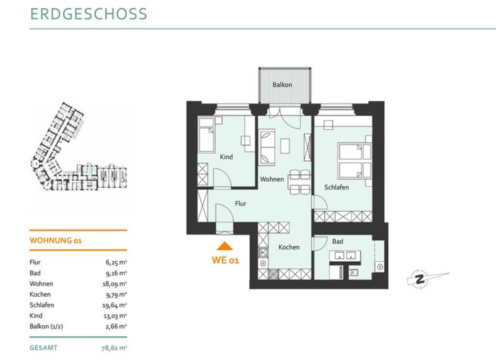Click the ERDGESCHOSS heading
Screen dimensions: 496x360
click(88, 14)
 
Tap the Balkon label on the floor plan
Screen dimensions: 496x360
click(282, 85)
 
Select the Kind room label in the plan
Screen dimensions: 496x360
click(226, 156)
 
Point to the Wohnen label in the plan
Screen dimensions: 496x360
click(272, 179)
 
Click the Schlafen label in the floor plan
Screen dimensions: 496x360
click(336, 187)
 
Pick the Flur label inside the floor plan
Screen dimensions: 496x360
click(240, 204)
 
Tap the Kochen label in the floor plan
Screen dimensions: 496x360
click(289, 247)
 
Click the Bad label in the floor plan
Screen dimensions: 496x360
click(338, 241)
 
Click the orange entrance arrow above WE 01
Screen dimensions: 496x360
click(225, 246)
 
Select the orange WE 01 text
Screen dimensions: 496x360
click(225, 260)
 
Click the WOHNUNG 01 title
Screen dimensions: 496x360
click(56, 240)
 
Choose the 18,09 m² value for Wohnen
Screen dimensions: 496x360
click(114, 284)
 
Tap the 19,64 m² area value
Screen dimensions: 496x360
click(114, 305)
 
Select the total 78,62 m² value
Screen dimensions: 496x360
click(114, 348)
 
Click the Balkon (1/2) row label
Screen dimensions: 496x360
click(46, 326)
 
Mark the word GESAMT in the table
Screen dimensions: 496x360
click(44, 348)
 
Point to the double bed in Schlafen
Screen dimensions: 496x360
click(355, 161)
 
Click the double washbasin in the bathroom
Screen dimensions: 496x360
click(345, 255)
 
